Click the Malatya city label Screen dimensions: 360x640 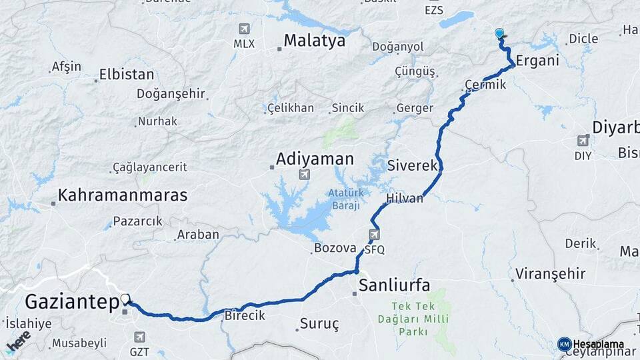click(x=314, y=41)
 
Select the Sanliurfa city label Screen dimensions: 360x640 click(x=394, y=285)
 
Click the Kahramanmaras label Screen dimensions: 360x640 click(x=122, y=195)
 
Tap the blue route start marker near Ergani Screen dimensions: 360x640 click(x=499, y=33)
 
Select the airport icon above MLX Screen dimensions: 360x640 click(x=244, y=29)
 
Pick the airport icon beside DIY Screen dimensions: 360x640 click(x=584, y=141)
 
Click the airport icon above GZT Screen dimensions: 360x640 click(x=139, y=337)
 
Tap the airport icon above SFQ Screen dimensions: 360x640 click(x=375, y=235)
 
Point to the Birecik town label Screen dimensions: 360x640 click(x=245, y=315)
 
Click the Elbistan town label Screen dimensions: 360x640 click(x=126, y=75)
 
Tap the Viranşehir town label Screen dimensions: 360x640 click(x=550, y=273)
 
